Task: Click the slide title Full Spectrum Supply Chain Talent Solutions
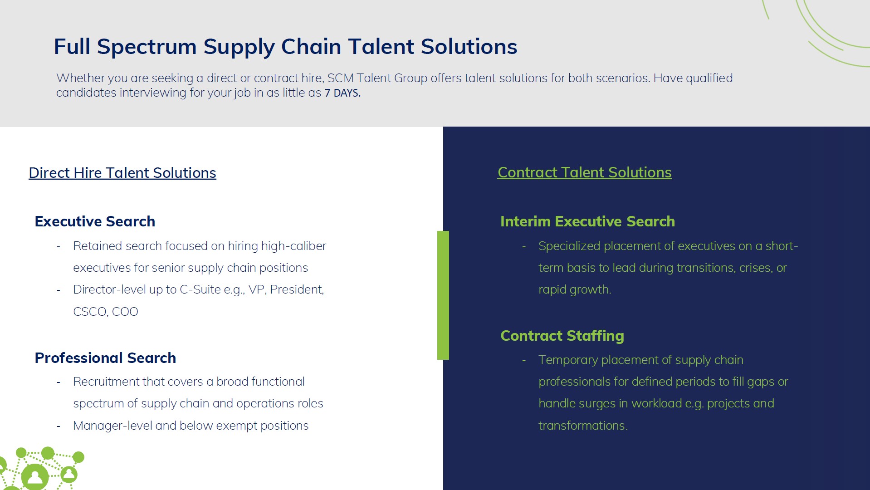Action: tap(285, 47)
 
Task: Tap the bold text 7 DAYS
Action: tap(342, 93)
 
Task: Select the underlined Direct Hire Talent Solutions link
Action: tap(122, 173)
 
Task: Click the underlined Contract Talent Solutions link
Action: tap(584, 172)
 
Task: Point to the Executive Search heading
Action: tap(95, 221)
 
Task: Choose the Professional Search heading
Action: tap(105, 358)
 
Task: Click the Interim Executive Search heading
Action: tap(587, 221)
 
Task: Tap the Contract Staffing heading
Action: tap(562, 336)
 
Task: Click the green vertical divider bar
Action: tap(443, 295)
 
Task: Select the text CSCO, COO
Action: tap(106, 312)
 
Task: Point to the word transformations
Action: tap(583, 426)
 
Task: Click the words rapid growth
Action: tap(575, 290)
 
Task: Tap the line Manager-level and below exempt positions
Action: tap(191, 426)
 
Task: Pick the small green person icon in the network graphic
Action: tap(69, 475)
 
